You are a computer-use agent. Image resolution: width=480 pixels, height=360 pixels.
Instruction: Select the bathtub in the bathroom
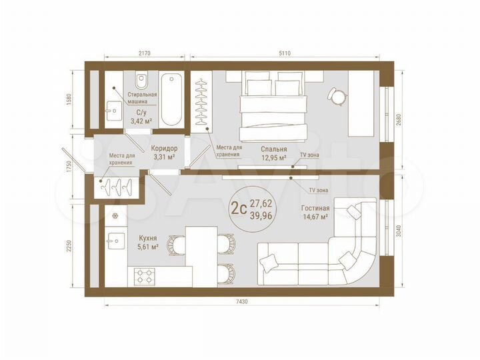pos(171,100)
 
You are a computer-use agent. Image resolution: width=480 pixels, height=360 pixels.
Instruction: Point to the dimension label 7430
pos(241,302)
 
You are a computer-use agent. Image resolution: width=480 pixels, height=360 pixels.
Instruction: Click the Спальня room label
pos(274,149)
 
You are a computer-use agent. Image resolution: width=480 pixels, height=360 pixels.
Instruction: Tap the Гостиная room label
pos(315,207)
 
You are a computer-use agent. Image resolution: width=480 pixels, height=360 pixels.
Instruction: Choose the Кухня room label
pos(147,238)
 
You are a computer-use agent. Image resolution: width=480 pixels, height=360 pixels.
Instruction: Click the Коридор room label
pos(163,149)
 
